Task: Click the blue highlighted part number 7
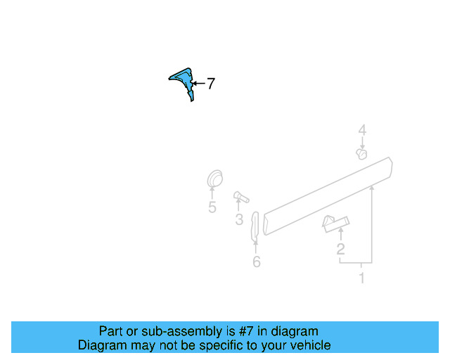pyautogui.click(x=184, y=82)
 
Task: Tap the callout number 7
pyautogui.click(x=210, y=84)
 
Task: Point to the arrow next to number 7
pyautogui.click(x=198, y=84)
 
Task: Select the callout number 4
pyautogui.click(x=362, y=130)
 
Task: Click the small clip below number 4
pyautogui.click(x=362, y=153)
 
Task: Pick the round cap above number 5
pyautogui.click(x=214, y=179)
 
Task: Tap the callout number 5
pyautogui.click(x=212, y=207)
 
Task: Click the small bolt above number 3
pyautogui.click(x=241, y=196)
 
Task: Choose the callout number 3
pyautogui.click(x=239, y=220)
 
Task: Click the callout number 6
pyautogui.click(x=256, y=262)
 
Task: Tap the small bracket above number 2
pyautogui.click(x=334, y=223)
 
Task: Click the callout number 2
pyautogui.click(x=340, y=249)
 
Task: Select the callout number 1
pyautogui.click(x=361, y=278)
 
